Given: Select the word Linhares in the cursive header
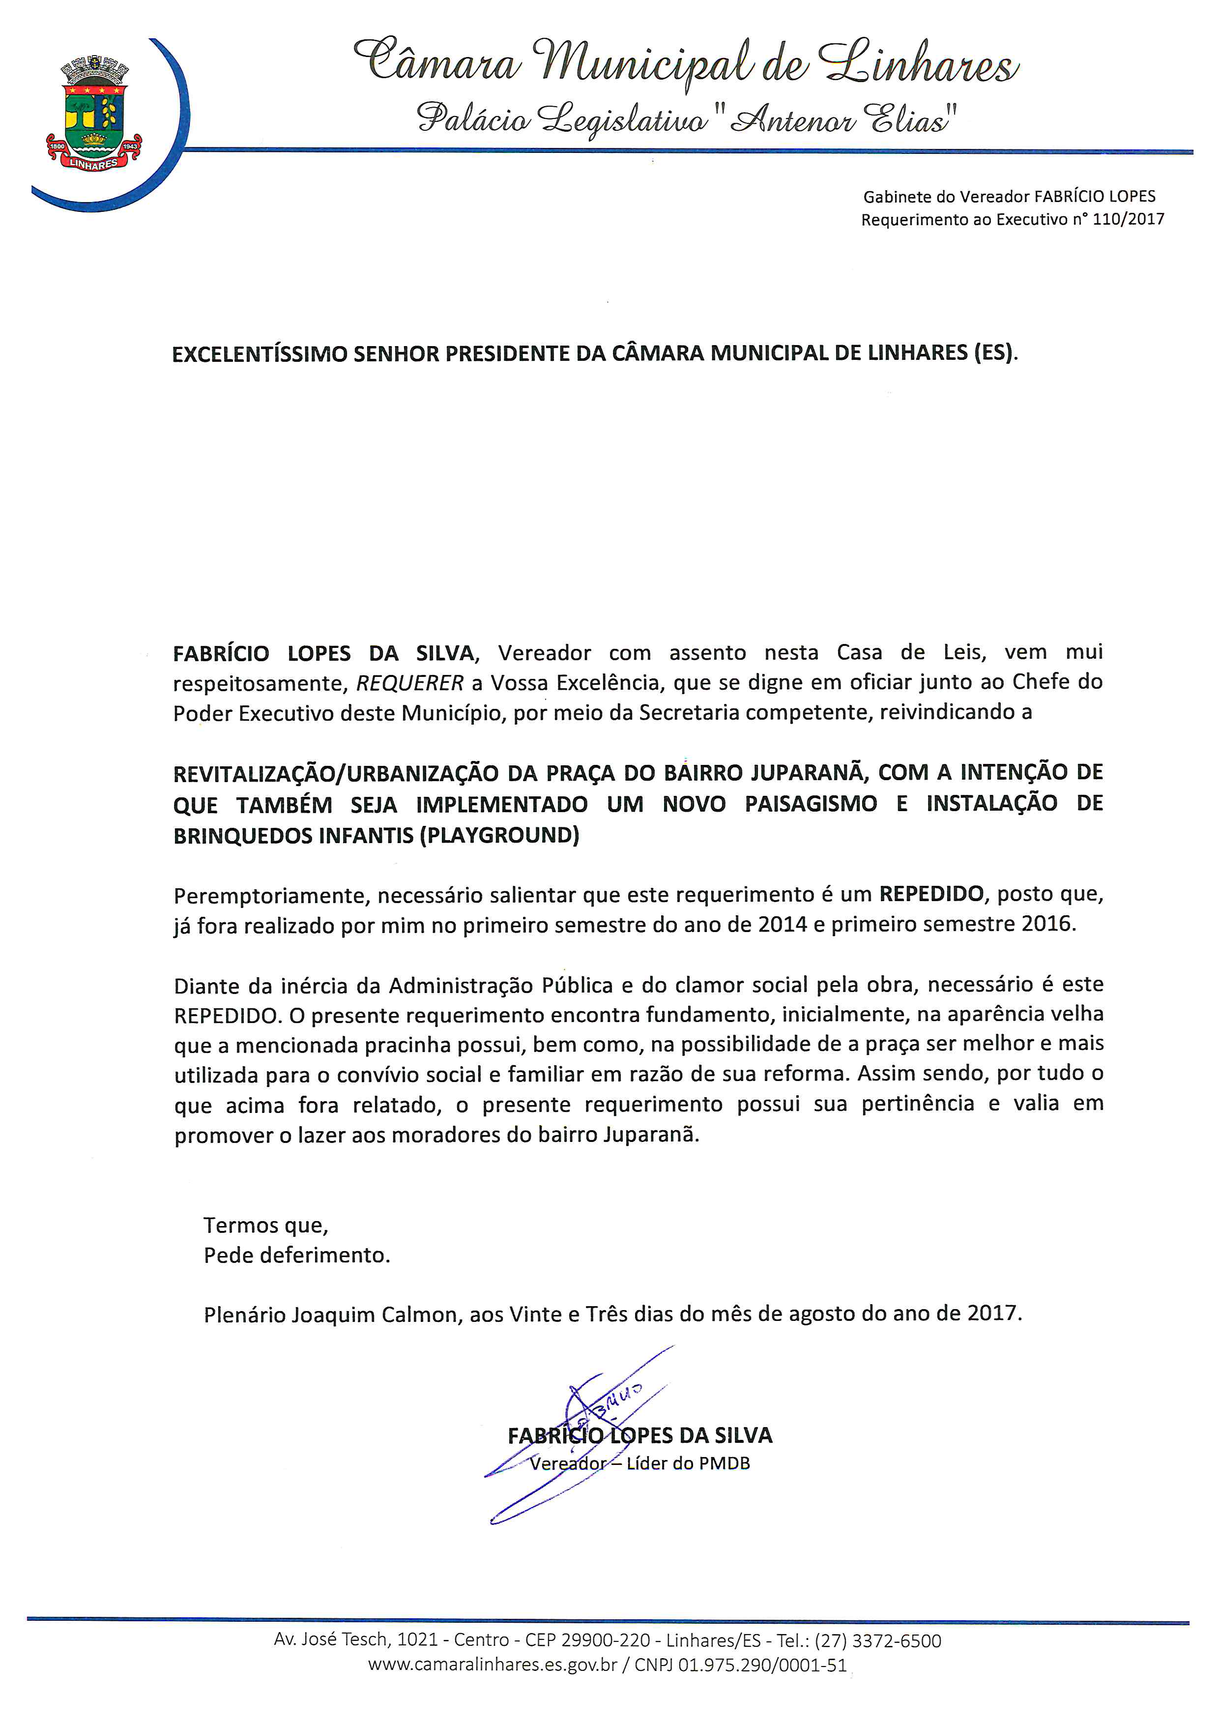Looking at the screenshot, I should coord(920,66).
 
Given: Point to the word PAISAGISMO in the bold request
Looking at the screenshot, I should coord(811,804).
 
